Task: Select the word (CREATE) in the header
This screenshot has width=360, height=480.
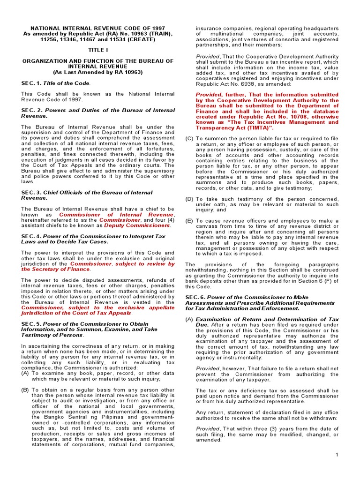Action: coord(140,39)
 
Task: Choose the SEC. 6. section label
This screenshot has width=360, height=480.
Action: coord(195,297)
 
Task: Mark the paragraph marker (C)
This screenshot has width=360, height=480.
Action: coord(189,139)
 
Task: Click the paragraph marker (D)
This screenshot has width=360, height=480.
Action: coord(189,199)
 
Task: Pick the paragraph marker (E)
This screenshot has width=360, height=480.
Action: coord(189,221)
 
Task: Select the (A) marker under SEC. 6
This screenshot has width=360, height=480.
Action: coord(189,319)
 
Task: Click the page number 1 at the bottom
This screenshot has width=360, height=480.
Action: coord(337,455)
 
